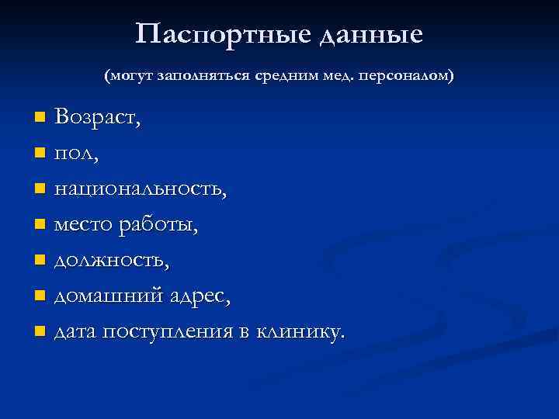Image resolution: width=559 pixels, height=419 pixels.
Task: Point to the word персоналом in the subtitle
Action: point(412,78)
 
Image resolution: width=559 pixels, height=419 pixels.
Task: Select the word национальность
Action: point(140,189)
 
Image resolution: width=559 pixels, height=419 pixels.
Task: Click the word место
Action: point(83,225)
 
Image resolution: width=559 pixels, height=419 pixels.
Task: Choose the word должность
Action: point(110,261)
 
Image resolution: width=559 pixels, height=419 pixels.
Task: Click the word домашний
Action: point(102,296)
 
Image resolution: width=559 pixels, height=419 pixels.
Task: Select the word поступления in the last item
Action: point(169,332)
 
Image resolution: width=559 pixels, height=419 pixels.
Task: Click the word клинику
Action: point(302,332)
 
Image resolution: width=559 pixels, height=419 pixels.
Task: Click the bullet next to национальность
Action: point(40,189)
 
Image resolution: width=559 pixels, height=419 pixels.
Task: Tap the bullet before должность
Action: point(40,261)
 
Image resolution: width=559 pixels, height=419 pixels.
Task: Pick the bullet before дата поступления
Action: point(40,332)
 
